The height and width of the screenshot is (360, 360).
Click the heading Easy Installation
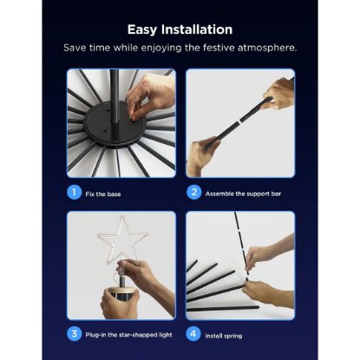(x=180, y=29)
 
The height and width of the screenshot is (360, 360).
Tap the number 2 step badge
(x=194, y=193)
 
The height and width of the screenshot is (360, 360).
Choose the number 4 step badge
(x=194, y=334)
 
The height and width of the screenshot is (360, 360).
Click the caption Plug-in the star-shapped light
(x=127, y=334)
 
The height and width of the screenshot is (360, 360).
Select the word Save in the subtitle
(x=75, y=48)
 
